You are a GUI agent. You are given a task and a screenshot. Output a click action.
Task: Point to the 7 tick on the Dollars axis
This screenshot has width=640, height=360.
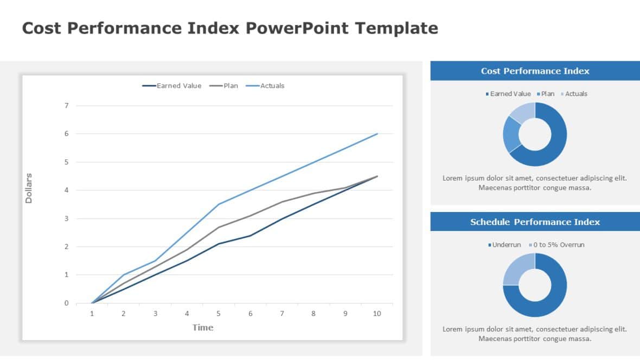67,106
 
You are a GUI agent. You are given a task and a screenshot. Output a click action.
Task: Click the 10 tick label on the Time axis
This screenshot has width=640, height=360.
377,314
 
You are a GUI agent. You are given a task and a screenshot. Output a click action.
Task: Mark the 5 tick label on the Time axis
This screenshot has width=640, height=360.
219,314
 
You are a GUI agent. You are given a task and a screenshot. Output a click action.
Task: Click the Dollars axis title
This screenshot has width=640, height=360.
29,188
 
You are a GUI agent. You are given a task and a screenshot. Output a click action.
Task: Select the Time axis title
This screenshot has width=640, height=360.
203,327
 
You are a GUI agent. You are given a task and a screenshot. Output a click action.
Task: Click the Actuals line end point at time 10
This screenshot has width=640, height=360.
377,134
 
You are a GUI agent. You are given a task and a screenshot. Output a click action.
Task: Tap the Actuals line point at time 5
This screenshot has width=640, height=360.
219,204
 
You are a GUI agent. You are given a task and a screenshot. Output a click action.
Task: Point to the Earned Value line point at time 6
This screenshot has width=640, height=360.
250,235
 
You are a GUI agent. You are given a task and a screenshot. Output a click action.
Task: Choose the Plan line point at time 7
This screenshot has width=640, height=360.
282,202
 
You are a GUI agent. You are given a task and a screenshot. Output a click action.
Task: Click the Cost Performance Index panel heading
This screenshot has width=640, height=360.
535,71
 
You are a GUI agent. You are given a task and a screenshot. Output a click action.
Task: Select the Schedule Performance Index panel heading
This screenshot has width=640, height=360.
535,222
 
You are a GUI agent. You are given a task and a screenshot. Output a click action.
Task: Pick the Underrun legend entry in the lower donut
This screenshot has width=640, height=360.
506,245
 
